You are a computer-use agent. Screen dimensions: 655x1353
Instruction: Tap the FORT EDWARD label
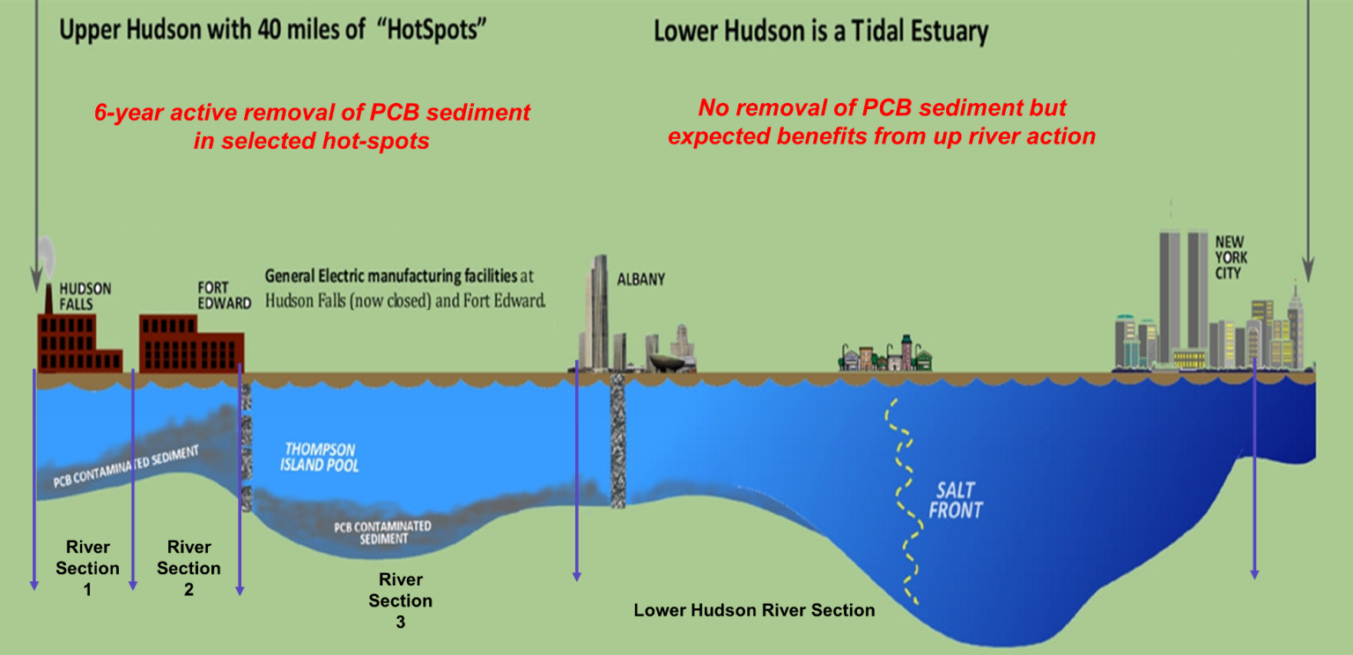point(223,295)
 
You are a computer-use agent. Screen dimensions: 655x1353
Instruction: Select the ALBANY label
point(641,280)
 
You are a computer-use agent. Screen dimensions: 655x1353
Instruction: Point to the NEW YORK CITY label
point(1231,256)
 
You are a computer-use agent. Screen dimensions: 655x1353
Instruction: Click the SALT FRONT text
point(955,500)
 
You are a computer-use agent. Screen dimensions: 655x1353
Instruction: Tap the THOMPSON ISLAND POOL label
point(319,457)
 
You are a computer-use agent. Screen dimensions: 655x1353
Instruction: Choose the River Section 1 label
point(87,568)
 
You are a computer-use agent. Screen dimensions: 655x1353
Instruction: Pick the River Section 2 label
point(189,568)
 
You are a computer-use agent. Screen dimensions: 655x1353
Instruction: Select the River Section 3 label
point(401,600)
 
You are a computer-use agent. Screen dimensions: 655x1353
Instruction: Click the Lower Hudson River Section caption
point(755,610)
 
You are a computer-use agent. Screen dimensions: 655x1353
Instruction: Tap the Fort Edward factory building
point(191,343)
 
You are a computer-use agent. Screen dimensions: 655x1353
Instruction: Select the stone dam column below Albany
point(617,440)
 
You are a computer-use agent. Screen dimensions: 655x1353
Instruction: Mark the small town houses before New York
point(886,354)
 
